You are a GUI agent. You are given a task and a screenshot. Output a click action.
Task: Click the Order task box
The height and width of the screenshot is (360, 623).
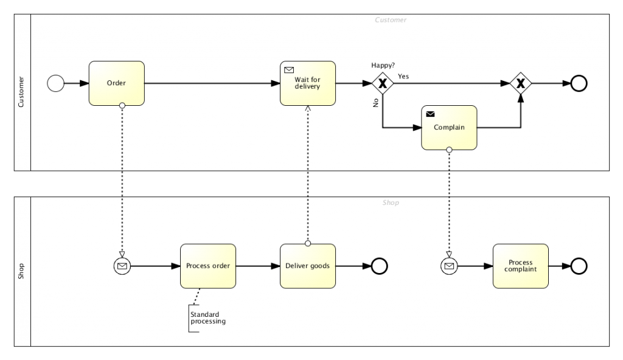[x=116, y=83]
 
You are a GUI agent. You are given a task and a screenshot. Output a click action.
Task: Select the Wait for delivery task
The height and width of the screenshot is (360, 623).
[x=307, y=83]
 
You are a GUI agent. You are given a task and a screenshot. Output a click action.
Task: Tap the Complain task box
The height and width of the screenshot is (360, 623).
[x=449, y=128]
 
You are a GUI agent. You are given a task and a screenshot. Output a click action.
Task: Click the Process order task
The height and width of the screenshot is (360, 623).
[x=207, y=266]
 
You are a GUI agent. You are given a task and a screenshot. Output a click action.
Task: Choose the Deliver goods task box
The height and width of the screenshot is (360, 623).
[x=307, y=266]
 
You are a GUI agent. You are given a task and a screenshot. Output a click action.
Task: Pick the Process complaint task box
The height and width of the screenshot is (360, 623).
[x=520, y=266]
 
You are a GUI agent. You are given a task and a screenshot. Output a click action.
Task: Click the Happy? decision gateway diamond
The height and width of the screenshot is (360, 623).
[x=383, y=83]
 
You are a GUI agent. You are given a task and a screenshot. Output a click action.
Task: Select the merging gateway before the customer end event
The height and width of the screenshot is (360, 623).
[x=521, y=83]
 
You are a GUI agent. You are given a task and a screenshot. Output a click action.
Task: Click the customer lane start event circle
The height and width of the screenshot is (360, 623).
[x=55, y=83]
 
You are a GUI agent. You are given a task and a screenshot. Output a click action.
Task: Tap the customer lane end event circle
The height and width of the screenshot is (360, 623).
[x=579, y=83]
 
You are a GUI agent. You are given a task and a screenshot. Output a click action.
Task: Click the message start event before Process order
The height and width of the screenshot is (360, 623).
[x=122, y=266]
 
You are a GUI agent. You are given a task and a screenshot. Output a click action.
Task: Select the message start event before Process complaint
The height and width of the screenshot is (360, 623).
[x=449, y=266]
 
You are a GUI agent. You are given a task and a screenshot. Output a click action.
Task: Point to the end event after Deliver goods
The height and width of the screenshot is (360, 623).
[x=380, y=266]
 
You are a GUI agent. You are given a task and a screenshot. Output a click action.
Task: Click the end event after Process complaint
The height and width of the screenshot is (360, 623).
[x=579, y=266]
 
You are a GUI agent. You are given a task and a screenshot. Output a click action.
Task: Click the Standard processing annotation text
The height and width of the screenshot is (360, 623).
[x=207, y=318]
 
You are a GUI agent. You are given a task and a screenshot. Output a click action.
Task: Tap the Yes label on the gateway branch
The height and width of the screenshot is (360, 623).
[x=403, y=76]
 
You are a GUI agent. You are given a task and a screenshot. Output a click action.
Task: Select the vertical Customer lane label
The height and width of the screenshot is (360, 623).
[x=21, y=92]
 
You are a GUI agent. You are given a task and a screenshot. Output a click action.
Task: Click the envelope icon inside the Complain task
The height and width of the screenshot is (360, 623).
[x=430, y=114]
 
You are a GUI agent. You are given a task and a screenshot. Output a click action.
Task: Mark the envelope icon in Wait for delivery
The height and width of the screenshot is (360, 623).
[x=288, y=69]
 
